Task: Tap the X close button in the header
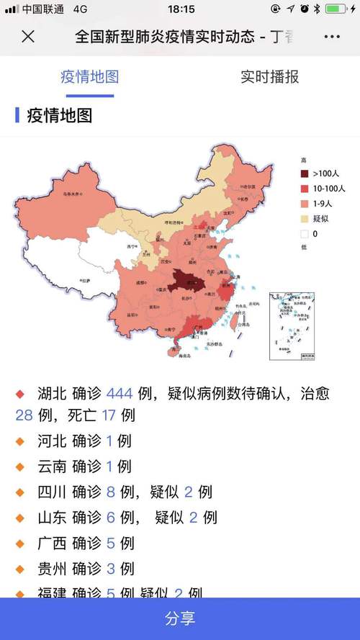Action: pyautogui.click(x=27, y=37)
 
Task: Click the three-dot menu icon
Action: pyautogui.click(x=332, y=37)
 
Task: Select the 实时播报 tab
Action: pyautogui.click(x=269, y=77)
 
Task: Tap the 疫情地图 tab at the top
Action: pyautogui.click(x=89, y=77)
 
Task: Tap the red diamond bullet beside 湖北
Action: pyautogui.click(x=20, y=394)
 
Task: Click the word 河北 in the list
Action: pyautogui.click(x=52, y=441)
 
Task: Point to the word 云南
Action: pyautogui.click(x=52, y=466)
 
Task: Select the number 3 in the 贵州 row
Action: pyautogui.click(x=110, y=569)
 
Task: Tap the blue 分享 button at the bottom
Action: pyautogui.click(x=180, y=618)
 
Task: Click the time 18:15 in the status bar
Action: pyautogui.click(x=181, y=9)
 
